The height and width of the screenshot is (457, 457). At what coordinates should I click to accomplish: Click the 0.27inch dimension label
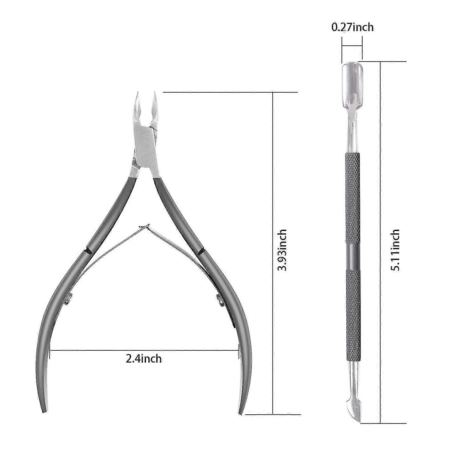pos(352,27)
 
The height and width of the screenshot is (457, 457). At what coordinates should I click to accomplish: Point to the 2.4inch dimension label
pos(144,359)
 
